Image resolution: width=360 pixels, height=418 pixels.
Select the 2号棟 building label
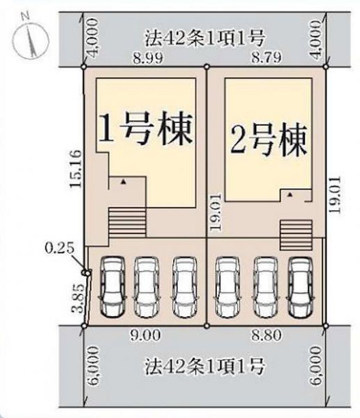pyautogui.click(x=269, y=140)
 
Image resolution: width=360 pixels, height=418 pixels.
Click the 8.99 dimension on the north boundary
pyautogui.click(x=148, y=58)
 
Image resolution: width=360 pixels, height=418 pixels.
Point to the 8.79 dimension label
pyautogui.click(x=267, y=57)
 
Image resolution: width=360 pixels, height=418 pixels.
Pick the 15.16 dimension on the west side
pyautogui.click(x=76, y=169)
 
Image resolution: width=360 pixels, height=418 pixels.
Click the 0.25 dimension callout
pyautogui.click(x=59, y=249)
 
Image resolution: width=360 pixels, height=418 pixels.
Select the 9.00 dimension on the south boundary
pyautogui.click(x=145, y=335)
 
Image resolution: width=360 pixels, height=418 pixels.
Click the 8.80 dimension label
pyautogui.click(x=267, y=335)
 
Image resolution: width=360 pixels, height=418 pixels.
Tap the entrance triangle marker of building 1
pyautogui.click(x=123, y=182)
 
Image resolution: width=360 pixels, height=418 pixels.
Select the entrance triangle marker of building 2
pyautogui.click(x=290, y=195)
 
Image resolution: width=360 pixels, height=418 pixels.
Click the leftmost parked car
pyautogui.click(x=113, y=287)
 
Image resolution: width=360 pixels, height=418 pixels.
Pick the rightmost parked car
pyautogui.click(x=301, y=287)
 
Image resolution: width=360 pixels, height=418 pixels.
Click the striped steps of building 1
pyautogui.click(x=127, y=223)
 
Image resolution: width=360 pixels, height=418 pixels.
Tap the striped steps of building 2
pyautogui.click(x=296, y=235)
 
